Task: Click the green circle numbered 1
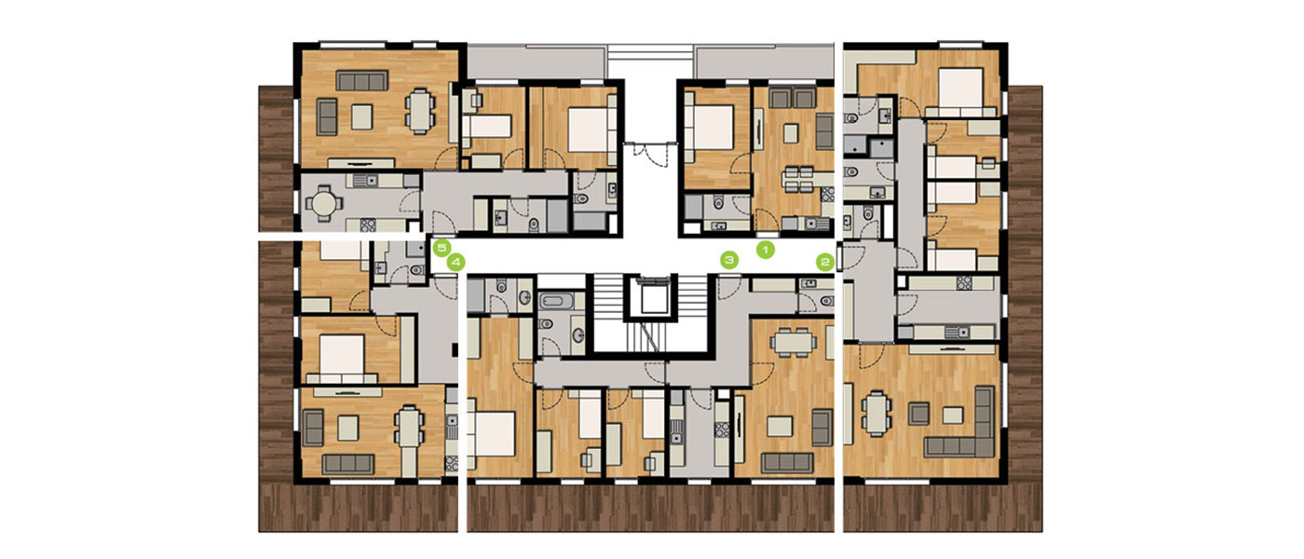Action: coord(766,251)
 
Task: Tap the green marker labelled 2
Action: coord(825,262)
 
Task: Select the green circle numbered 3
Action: coord(728,260)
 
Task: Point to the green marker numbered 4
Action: coord(455,263)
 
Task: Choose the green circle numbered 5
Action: coord(441,249)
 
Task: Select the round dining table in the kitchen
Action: coord(325,204)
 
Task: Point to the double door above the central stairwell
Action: coord(651,153)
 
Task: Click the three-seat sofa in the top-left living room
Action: coord(361,81)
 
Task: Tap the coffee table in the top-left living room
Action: coord(361,116)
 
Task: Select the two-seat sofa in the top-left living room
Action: coord(327,116)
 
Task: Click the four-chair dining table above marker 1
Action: coord(798,179)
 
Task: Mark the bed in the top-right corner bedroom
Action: coord(960,92)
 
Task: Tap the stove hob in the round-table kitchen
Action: coord(367,225)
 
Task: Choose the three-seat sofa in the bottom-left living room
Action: coord(348,464)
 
